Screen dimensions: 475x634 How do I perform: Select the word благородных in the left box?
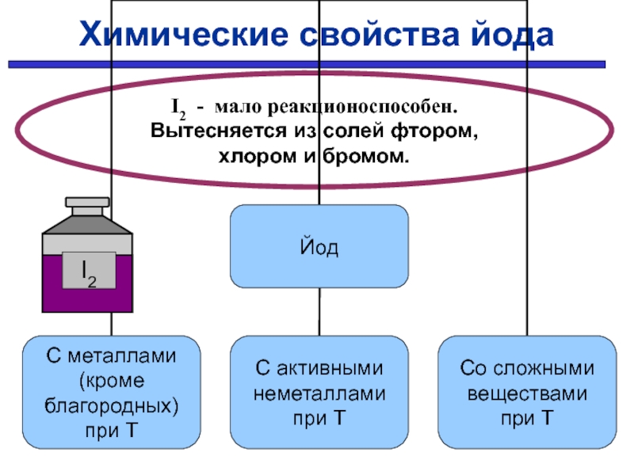[x=110, y=408]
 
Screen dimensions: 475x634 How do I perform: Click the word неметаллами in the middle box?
[x=319, y=393]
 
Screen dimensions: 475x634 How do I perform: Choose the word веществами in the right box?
[x=527, y=393]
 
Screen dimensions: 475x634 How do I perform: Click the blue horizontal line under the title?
[x=317, y=63]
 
